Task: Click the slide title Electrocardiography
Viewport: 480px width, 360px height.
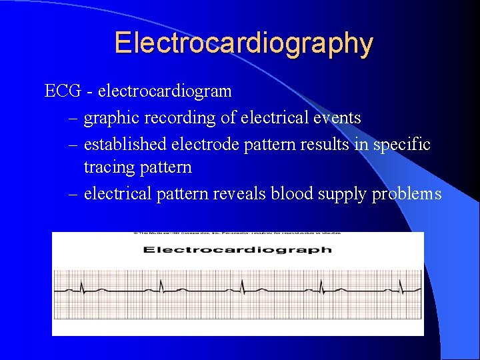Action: point(243,43)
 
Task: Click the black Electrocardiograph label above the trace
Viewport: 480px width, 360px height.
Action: point(238,250)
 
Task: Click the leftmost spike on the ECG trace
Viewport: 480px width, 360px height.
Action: point(81,287)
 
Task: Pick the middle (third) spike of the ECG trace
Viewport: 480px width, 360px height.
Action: point(242,287)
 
